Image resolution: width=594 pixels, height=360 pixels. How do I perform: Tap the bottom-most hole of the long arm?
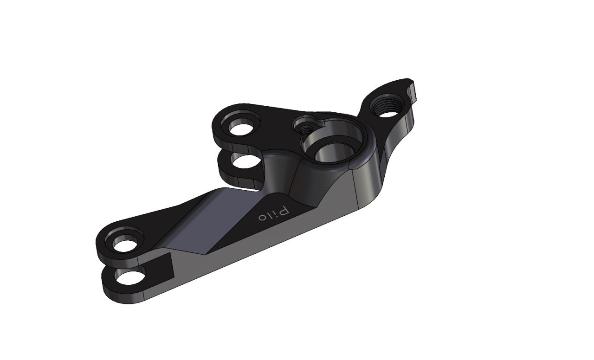pos(130,277)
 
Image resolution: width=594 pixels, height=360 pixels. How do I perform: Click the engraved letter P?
pos(284,212)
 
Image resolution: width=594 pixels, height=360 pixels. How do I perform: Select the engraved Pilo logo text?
pos(274,214)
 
